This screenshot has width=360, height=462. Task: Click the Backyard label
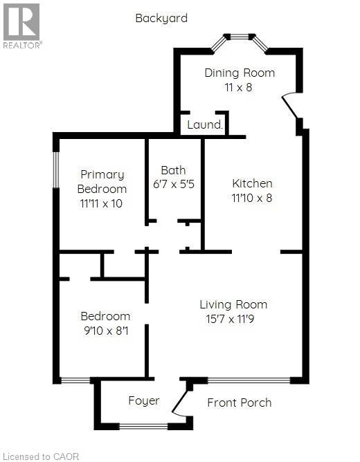[161, 18]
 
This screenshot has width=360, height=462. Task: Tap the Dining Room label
[240, 73]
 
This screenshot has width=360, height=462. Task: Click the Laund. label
[205, 125]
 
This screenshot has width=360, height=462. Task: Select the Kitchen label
[252, 183]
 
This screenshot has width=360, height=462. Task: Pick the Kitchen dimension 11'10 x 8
[252, 198]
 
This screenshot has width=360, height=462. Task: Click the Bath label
[173, 170]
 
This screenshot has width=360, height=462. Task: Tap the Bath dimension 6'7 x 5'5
[173, 185]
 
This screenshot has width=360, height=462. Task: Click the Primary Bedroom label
[102, 181]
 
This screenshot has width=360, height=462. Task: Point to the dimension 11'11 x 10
[102, 203]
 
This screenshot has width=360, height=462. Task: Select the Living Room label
[233, 304]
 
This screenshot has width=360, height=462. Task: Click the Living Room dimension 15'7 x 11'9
[233, 319]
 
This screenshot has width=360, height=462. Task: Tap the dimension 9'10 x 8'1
[105, 331]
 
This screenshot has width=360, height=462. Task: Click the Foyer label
[144, 400]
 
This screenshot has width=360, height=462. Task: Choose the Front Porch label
[240, 403]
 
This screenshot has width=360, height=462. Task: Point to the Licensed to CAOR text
[41, 456]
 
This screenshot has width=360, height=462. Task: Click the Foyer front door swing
[181, 403]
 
